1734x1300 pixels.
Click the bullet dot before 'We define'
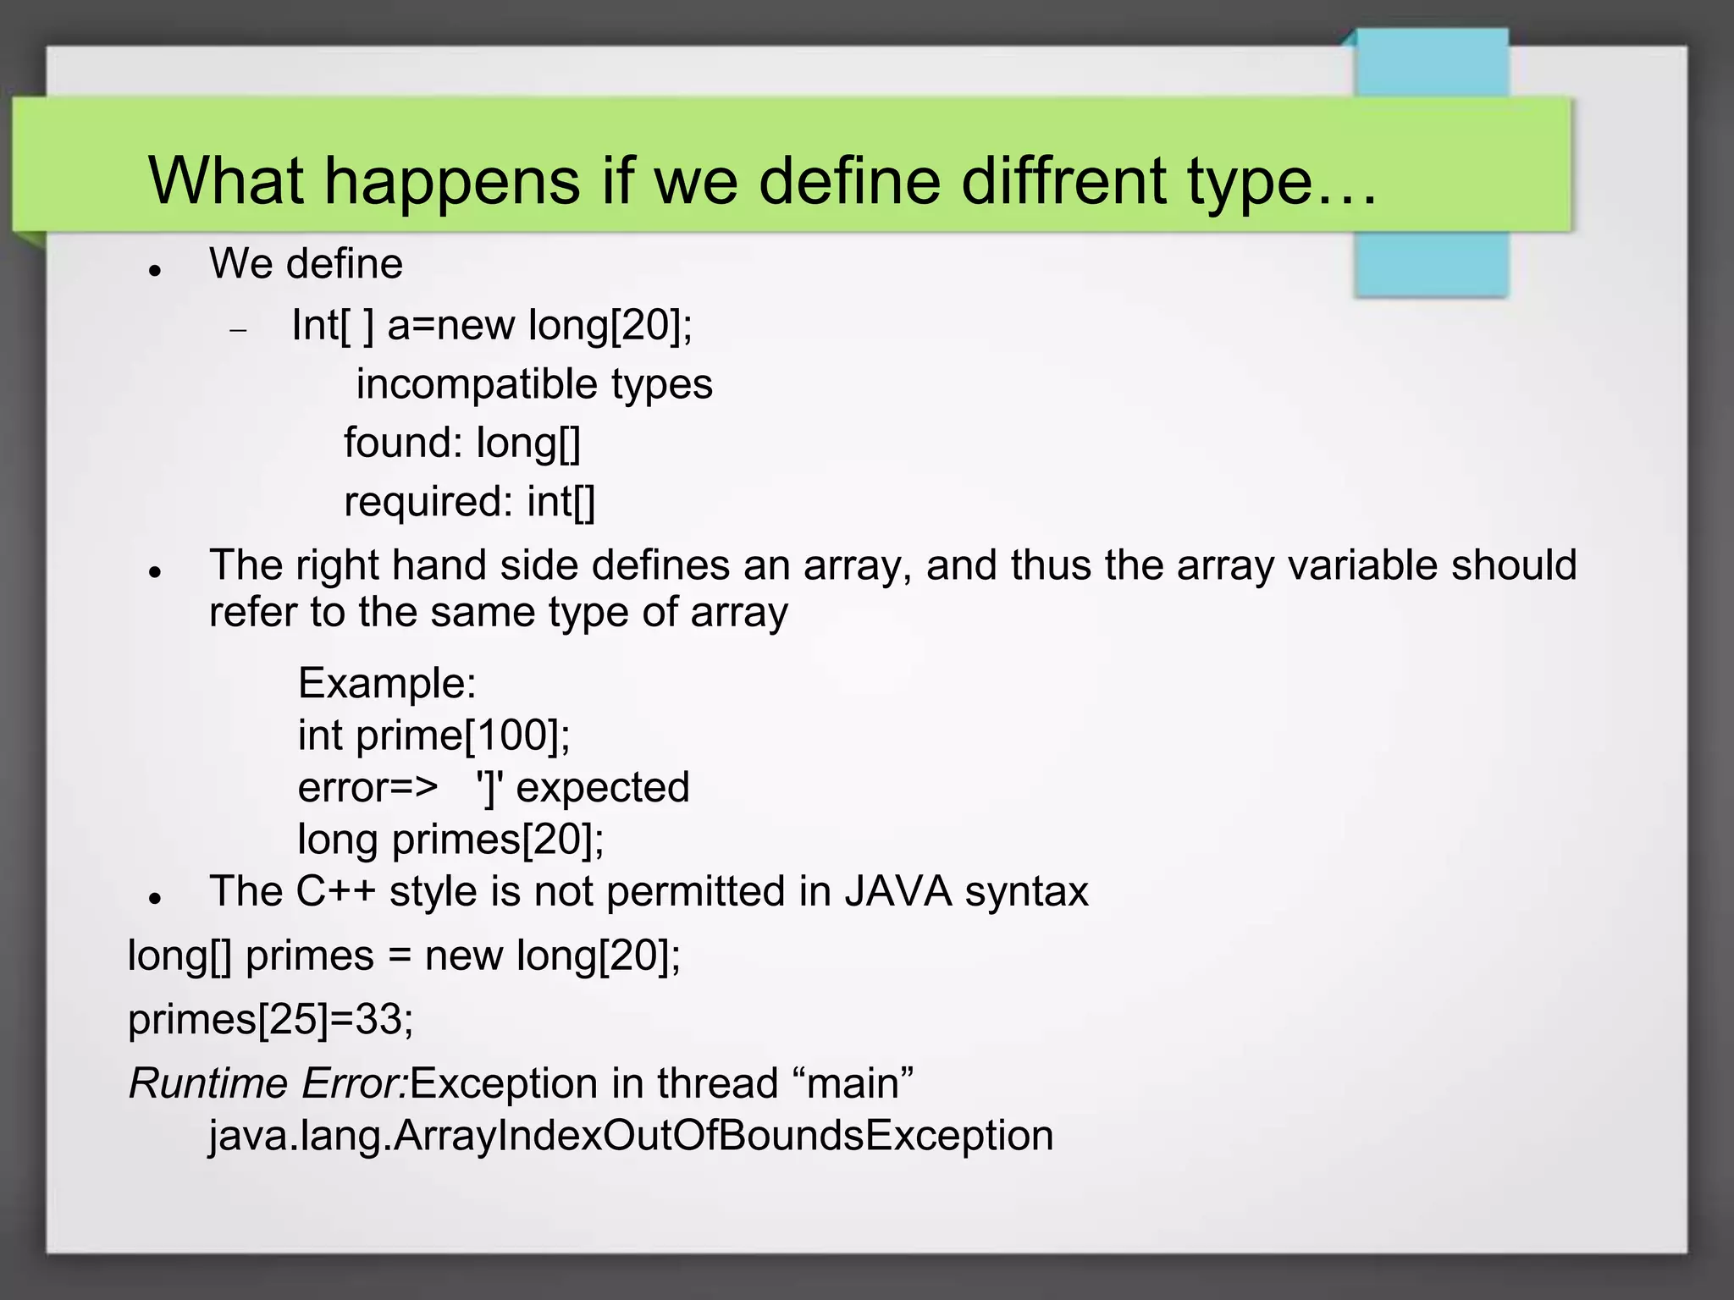[x=154, y=271]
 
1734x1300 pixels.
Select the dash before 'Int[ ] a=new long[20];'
[x=238, y=330]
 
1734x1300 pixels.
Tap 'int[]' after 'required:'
[x=561, y=502]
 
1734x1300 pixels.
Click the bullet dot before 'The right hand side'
[x=154, y=572]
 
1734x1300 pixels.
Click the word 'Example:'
[x=387, y=683]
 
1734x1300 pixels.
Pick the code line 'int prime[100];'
[x=434, y=735]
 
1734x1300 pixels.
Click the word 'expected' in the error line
[x=603, y=787]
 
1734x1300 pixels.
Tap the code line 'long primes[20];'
[x=451, y=840]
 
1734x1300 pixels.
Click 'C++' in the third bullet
[x=335, y=891]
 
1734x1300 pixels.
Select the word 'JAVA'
[x=897, y=891]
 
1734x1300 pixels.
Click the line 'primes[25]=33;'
[x=271, y=1019]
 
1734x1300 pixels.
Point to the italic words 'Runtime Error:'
[x=268, y=1083]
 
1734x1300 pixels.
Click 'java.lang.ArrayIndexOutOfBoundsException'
[x=631, y=1136]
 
